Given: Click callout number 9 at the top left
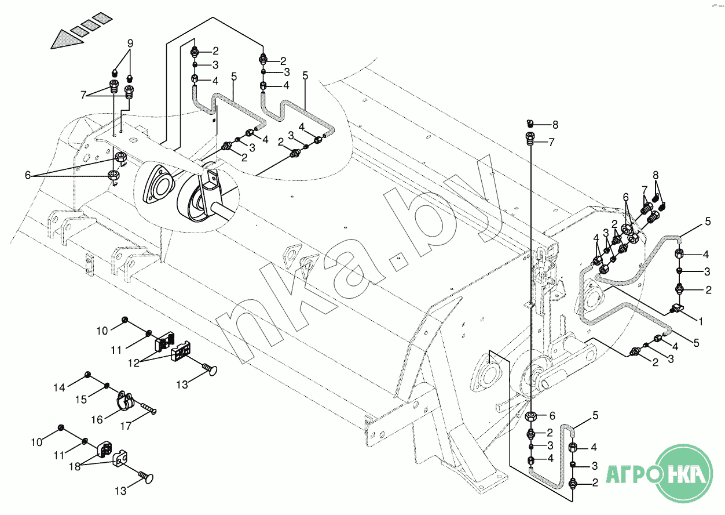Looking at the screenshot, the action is (130, 43).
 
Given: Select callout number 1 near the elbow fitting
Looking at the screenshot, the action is (701, 321).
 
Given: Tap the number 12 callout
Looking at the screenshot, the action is (133, 362).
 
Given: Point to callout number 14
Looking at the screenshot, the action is (59, 387).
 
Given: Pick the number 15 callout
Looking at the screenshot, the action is (81, 399).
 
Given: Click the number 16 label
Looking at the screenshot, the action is (97, 420).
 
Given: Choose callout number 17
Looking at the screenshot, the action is (126, 426).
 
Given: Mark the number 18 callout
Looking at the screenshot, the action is (75, 467).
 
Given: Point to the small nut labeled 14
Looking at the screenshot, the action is (87, 375).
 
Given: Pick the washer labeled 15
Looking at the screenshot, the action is (106, 385).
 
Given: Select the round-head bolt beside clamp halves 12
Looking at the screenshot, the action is (210, 369).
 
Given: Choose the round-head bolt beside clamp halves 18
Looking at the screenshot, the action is (146, 477).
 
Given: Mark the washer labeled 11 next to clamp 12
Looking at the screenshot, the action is (149, 333).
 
